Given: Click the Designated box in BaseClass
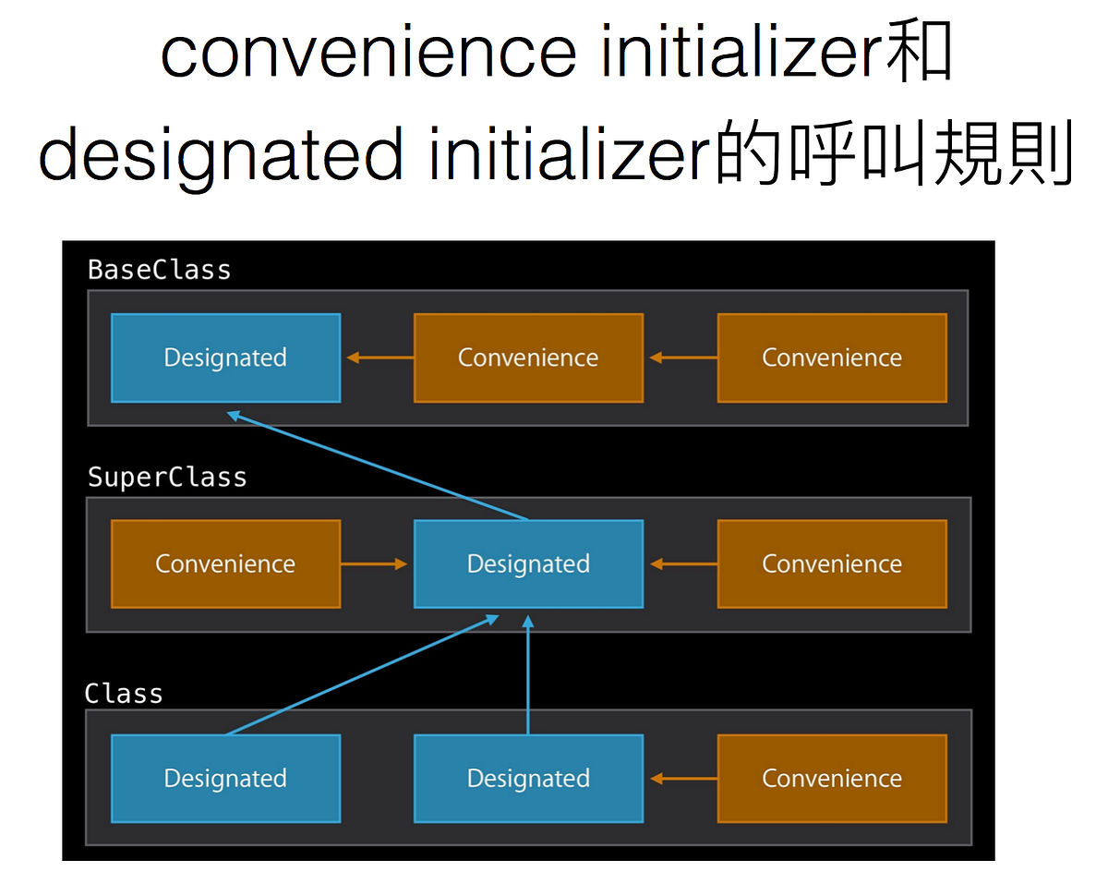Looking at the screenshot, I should click(225, 357).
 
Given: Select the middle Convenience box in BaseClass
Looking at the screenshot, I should click(528, 357).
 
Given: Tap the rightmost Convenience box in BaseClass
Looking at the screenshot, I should click(831, 357).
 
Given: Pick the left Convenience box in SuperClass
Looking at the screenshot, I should click(225, 563).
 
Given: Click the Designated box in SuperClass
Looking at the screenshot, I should click(528, 563).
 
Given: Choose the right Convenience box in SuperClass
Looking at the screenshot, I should click(831, 563).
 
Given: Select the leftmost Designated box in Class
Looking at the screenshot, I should click(225, 778).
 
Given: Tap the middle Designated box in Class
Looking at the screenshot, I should click(528, 778).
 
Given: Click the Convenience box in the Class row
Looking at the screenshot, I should click(831, 778).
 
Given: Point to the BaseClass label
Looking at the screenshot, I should click(159, 270).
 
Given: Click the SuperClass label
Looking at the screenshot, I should click(167, 478).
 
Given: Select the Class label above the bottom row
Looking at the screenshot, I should click(124, 694).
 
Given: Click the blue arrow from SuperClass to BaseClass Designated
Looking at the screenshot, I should click(379, 466).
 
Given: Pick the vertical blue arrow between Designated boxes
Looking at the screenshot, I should click(528, 674).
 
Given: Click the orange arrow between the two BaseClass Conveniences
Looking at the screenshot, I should click(682, 357).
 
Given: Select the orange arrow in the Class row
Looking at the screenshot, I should click(682, 779).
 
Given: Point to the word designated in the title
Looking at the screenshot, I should click(222, 154).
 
